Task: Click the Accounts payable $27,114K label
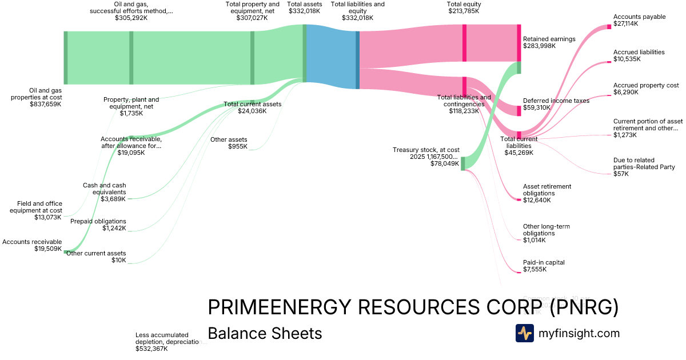pyautogui.click(x=639, y=21)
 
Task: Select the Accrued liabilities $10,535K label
pyautogui.click(x=639, y=55)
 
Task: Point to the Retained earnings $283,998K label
pyautogui.click(x=549, y=42)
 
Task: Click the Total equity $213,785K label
pyautogui.click(x=463, y=7)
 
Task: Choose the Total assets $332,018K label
pyautogui.click(x=305, y=7)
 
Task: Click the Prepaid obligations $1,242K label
pyautogui.click(x=98, y=225)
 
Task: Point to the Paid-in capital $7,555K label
pyautogui.click(x=544, y=266)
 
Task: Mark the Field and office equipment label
pyautogui.click(x=36, y=210)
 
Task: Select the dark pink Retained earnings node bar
pyautogui.click(x=519, y=43)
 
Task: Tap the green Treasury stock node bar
pyautogui.click(x=463, y=163)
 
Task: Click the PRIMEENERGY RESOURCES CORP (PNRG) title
pyautogui.click(x=413, y=308)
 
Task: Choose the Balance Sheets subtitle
pyautogui.click(x=265, y=334)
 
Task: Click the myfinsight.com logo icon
pyautogui.click(x=524, y=333)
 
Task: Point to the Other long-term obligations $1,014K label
pyautogui.click(x=546, y=233)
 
